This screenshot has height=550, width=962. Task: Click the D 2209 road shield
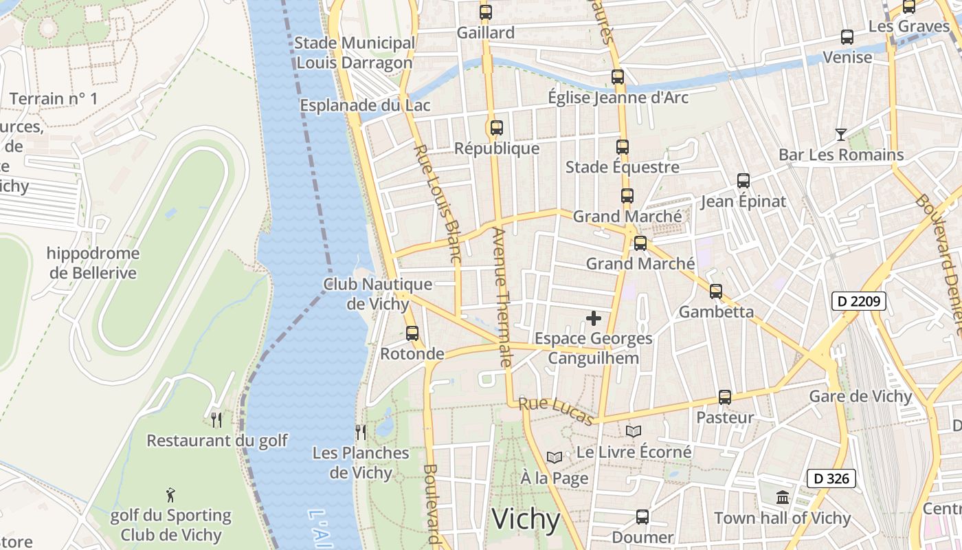pyautogui.click(x=859, y=300)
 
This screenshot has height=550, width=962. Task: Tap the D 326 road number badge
pyautogui.click(x=831, y=478)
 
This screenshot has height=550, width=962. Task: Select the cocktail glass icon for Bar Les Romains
pyautogui.click(x=840, y=134)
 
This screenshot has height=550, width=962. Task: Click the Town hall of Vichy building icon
pyautogui.click(x=783, y=497)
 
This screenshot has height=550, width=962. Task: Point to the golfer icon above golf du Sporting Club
pyautogui.click(x=170, y=494)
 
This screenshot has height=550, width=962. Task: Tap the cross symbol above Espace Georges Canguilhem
pyautogui.click(x=594, y=318)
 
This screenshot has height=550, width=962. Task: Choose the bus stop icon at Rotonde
pyautogui.click(x=412, y=333)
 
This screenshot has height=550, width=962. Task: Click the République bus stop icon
pyautogui.click(x=497, y=128)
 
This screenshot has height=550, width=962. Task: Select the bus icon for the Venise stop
pyautogui.click(x=847, y=37)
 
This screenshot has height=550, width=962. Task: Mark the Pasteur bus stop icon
pyautogui.click(x=725, y=397)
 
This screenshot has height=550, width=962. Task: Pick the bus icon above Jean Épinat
pyautogui.click(x=743, y=181)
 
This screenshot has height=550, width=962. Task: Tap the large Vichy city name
pyautogui.click(x=526, y=519)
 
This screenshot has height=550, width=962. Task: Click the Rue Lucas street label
pyautogui.click(x=556, y=410)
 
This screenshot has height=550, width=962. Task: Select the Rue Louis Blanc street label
pyautogui.click(x=437, y=203)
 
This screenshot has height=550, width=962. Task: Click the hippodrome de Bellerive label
pyautogui.click(x=93, y=263)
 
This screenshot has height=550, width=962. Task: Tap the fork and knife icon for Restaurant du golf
pyautogui.click(x=216, y=419)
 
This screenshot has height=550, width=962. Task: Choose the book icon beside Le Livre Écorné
pyautogui.click(x=634, y=431)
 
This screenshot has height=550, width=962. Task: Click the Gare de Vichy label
pyautogui.click(x=860, y=397)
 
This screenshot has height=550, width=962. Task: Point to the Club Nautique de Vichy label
pyautogui.click(x=378, y=294)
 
